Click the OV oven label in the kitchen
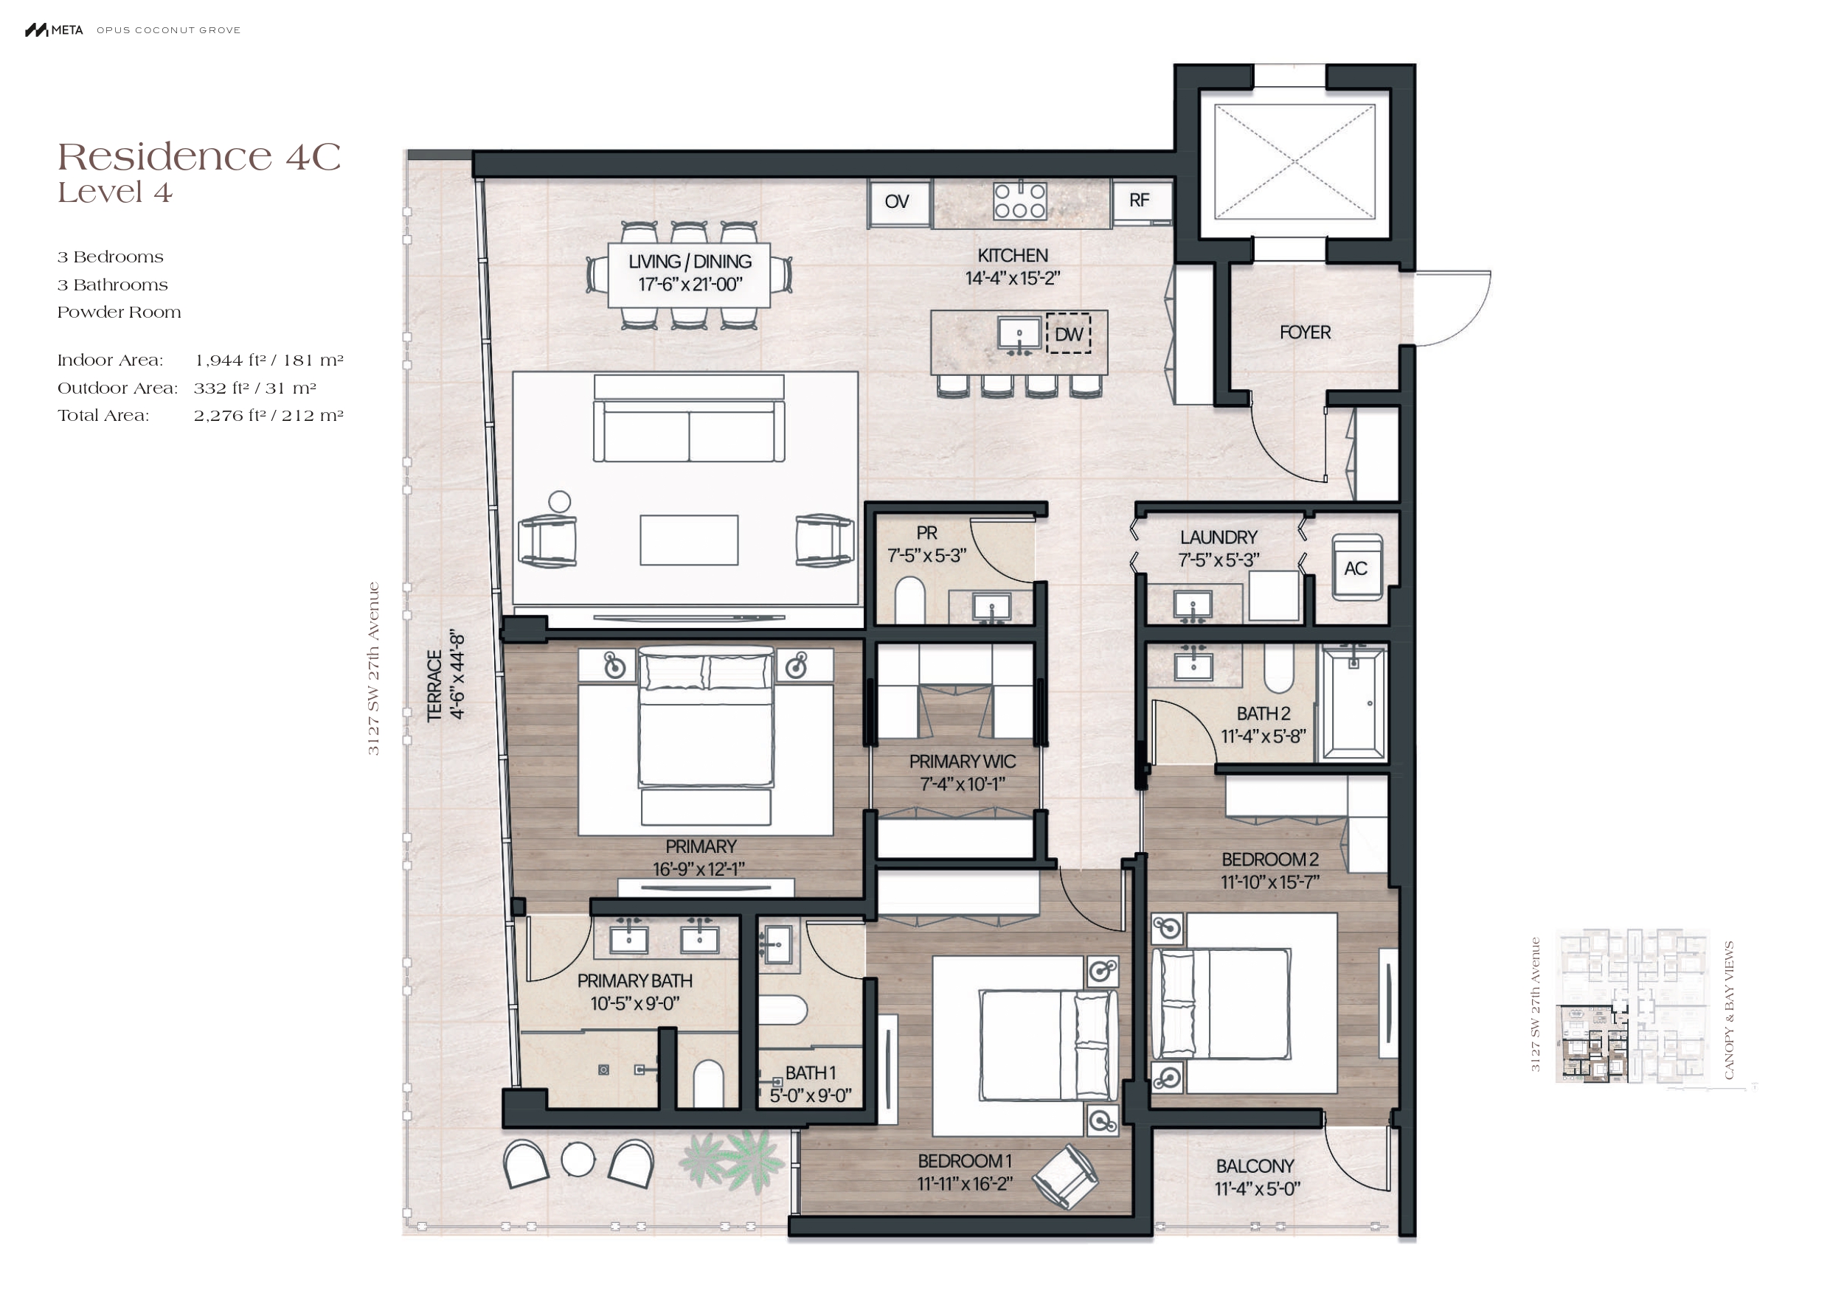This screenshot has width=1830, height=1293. (897, 201)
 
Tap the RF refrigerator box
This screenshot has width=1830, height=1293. (1140, 201)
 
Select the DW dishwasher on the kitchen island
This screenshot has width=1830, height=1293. (1068, 334)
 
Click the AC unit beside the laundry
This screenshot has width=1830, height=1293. (1356, 567)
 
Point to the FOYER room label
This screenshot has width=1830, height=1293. (1305, 332)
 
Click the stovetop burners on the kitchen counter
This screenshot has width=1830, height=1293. (1019, 201)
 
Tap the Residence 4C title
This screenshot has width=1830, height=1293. (199, 156)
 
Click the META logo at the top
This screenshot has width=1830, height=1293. (54, 30)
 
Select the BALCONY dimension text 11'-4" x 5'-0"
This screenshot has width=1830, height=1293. (1257, 1188)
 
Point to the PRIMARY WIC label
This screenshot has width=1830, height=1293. (962, 761)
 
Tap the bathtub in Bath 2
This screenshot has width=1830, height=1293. (1354, 702)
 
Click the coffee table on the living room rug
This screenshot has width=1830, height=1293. (689, 540)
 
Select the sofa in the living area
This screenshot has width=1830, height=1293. (689, 419)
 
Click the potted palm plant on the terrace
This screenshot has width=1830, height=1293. (731, 1161)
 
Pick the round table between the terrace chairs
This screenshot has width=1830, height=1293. (578, 1159)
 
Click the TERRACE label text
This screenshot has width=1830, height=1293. (434, 686)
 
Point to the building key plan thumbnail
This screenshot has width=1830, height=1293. (1632, 1006)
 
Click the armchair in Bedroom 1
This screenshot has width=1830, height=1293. (1066, 1176)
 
